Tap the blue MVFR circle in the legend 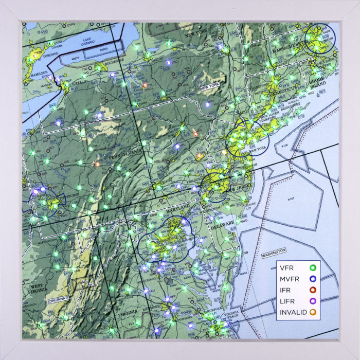[x=311, y=279]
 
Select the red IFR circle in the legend [x=311, y=290]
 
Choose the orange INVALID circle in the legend [x=311, y=312]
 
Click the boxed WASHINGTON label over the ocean [x=274, y=252]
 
